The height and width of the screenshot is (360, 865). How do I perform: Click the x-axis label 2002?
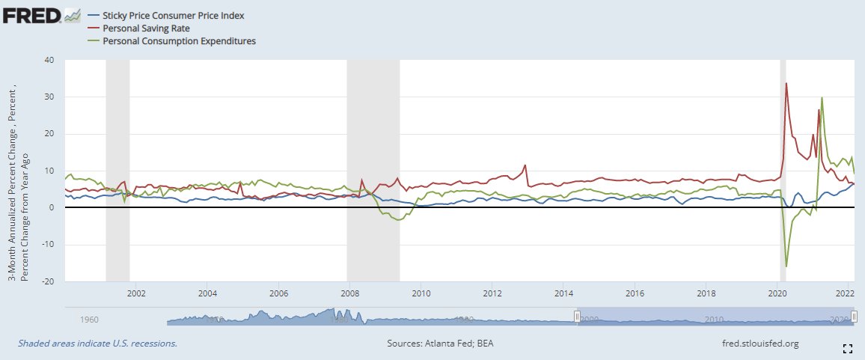point(136,293)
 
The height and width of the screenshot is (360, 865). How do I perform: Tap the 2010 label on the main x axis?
point(421,293)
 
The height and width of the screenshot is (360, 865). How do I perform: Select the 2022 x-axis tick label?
point(846,293)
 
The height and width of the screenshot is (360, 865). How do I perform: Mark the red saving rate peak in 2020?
point(786,83)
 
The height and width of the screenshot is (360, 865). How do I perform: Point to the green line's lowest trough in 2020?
point(786,266)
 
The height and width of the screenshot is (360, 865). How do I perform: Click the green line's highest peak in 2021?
point(822,97)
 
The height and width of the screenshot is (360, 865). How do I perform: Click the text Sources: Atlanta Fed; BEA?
point(439,344)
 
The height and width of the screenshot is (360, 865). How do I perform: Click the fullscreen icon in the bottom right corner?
point(848,348)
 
